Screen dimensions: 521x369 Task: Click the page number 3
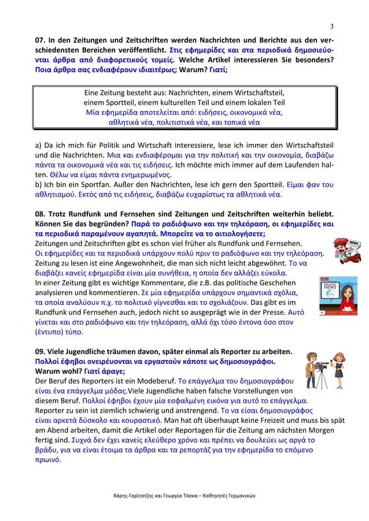tap(332, 26)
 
